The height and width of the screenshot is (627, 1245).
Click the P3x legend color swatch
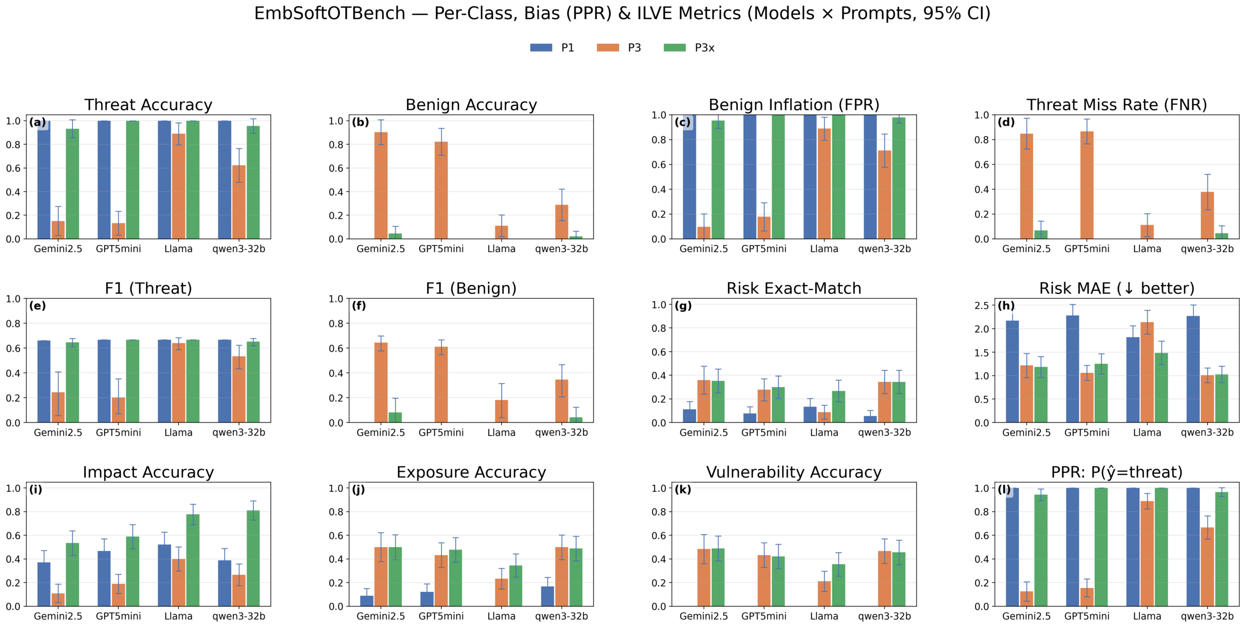[674, 48]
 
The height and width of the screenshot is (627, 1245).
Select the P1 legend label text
[567, 48]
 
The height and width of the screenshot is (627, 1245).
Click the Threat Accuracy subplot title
[148, 105]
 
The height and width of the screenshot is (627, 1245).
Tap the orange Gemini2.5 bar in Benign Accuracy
[381, 185]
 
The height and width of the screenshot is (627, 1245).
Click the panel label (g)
[683, 306]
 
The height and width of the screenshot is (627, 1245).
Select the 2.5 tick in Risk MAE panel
[981, 305]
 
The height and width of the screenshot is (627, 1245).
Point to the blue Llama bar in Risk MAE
[1133, 380]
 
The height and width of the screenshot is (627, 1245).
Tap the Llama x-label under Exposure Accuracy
[501, 616]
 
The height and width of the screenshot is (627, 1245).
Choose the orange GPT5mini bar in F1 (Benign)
[441, 384]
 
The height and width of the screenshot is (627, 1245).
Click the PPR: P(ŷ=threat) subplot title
[1117, 472]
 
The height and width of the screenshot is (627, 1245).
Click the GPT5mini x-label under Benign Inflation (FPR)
[764, 249]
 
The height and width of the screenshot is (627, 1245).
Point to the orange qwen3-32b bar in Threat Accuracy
[238, 202]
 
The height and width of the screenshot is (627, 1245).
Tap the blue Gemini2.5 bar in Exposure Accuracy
[367, 601]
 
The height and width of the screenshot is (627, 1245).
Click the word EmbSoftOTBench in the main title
[329, 13]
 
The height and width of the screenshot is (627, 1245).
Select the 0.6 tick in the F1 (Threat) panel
[13, 348]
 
